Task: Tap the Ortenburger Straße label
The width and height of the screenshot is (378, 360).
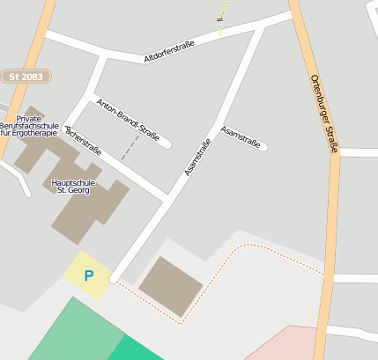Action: click(x=324, y=114)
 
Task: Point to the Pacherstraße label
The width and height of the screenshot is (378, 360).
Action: click(x=84, y=140)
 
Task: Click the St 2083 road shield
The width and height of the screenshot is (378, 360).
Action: click(x=26, y=77)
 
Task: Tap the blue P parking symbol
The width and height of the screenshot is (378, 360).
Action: click(x=88, y=276)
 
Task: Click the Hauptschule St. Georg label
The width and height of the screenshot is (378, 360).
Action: click(x=75, y=185)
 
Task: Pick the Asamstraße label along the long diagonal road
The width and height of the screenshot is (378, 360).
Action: click(x=198, y=158)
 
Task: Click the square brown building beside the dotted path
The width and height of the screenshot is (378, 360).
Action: click(x=170, y=286)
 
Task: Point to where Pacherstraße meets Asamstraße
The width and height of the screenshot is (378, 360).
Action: click(x=166, y=197)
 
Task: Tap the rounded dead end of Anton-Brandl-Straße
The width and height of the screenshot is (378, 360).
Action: click(x=167, y=143)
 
